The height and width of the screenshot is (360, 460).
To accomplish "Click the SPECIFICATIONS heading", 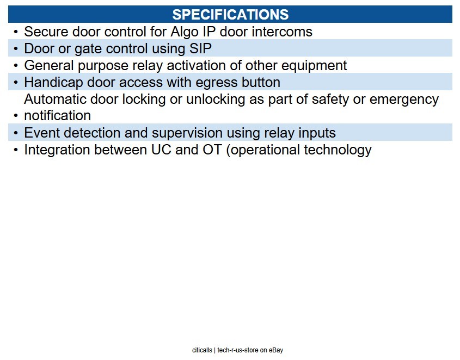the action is (x=230, y=14).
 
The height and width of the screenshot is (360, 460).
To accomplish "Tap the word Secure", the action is (x=46, y=32).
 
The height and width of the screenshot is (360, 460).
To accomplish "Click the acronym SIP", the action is (x=200, y=48).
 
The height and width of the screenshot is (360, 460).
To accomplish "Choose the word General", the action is (x=48, y=65).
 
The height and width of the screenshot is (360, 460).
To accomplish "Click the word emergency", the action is (x=404, y=100).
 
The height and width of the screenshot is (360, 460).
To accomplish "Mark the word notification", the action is (x=58, y=115).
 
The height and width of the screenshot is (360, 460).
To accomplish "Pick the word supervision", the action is (x=187, y=133).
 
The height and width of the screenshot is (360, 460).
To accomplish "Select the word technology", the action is (x=338, y=150).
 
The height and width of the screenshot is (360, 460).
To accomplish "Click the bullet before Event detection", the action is (x=16, y=133).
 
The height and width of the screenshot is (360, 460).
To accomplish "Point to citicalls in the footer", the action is (x=202, y=350).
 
